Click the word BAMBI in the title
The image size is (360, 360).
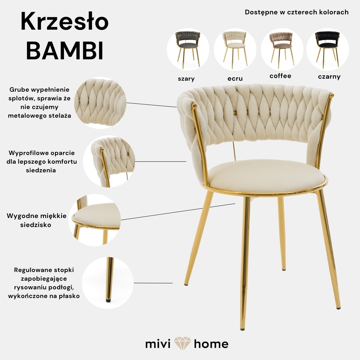[x=65, y=51]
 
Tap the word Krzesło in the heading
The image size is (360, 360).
[x=65, y=22]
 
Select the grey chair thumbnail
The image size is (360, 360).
[x=188, y=49]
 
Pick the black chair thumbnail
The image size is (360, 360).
[x=327, y=49]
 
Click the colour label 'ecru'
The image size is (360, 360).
[x=235, y=79]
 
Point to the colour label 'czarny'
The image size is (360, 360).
[x=329, y=77]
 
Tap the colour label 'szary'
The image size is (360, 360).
[x=186, y=79]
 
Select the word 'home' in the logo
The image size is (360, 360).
[x=211, y=344]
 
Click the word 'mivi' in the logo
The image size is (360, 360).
[x=158, y=344]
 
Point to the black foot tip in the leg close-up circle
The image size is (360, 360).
[x=108, y=300]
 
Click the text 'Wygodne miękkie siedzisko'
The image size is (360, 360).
[x=37, y=220]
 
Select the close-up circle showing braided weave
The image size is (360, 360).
[x=100, y=103]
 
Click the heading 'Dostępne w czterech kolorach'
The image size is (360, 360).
[x=297, y=12]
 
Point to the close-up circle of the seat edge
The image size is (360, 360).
[x=95, y=220]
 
